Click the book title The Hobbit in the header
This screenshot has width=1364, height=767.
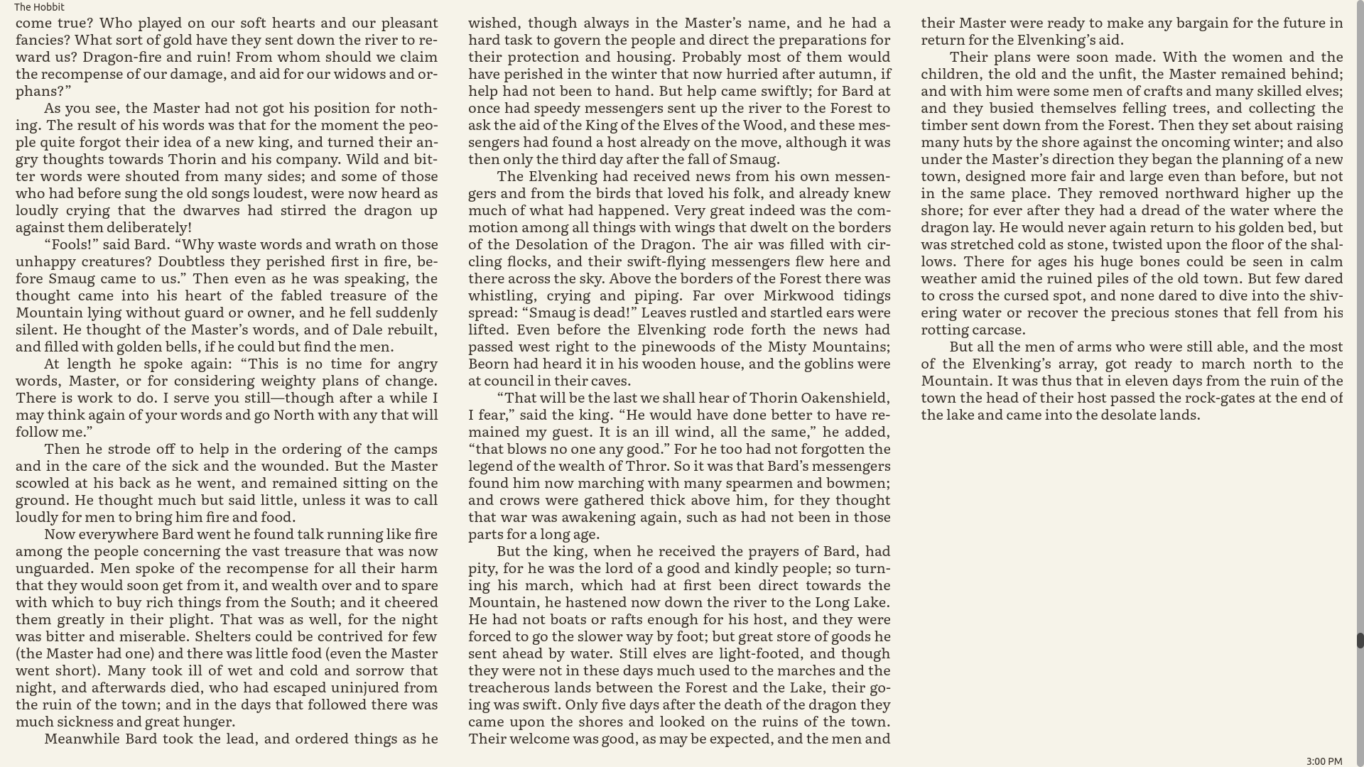(39, 7)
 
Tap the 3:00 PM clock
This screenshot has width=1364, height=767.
(1324, 761)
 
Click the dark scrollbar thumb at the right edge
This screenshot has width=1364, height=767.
(1360, 640)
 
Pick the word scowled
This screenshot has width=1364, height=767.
(42, 483)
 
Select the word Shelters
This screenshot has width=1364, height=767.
(222, 636)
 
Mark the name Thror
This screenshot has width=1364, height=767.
(646, 466)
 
